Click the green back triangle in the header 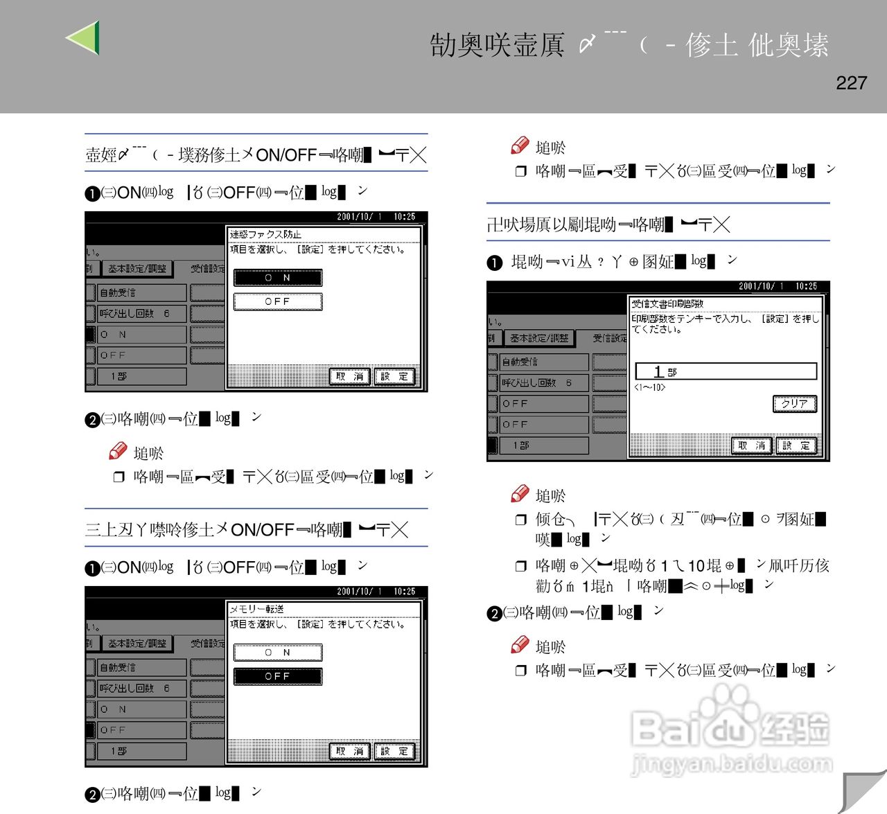click(x=85, y=37)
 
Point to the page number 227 click(x=851, y=83)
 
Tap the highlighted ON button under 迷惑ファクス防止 click(x=278, y=278)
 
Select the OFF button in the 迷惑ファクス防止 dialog click(x=278, y=301)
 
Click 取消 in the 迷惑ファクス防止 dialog click(x=350, y=376)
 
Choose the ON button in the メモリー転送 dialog click(x=278, y=653)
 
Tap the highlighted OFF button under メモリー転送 click(x=278, y=676)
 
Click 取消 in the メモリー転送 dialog click(x=350, y=751)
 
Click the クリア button click(x=794, y=404)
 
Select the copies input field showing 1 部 click(x=726, y=371)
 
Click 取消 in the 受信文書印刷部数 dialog click(x=752, y=445)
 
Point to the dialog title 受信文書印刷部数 click(x=667, y=303)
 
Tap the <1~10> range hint click(x=649, y=387)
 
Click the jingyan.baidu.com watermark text click(x=732, y=764)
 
